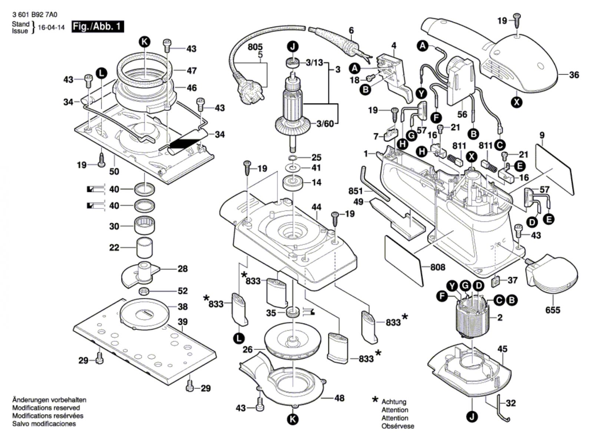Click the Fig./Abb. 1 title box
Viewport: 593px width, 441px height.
(97, 27)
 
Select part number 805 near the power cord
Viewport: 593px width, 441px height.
(255, 47)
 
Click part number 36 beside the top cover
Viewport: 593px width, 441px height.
(574, 75)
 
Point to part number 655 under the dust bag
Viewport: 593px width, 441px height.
(553, 309)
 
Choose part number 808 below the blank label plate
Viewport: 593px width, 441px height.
(437, 267)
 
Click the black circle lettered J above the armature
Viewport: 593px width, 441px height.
(293, 47)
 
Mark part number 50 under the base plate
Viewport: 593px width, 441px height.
(114, 171)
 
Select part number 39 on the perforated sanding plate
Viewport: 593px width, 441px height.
(182, 322)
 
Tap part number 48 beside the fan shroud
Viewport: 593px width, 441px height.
(339, 398)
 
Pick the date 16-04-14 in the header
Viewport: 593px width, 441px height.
(51, 27)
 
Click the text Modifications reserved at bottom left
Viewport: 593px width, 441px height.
(46, 408)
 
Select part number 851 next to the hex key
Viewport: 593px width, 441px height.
(355, 191)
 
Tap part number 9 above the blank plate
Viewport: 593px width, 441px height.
(542, 136)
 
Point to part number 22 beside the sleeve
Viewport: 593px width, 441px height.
(114, 247)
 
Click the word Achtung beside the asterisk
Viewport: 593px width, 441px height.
(394, 402)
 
